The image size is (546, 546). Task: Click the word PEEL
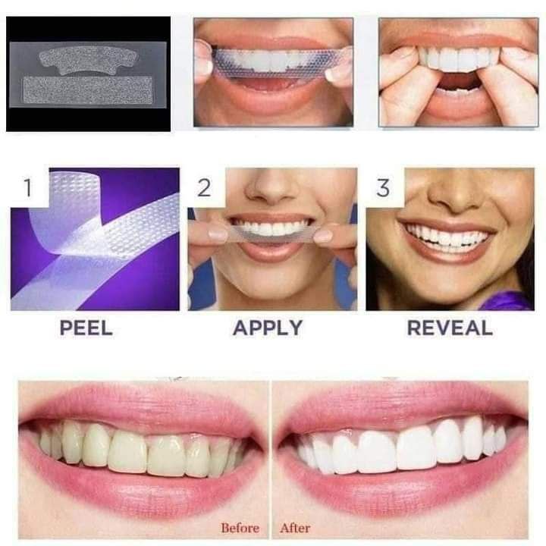click(x=86, y=328)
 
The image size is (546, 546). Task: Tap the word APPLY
click(x=267, y=328)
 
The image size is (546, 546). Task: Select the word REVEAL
click(x=450, y=328)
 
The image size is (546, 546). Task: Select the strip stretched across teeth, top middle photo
click(x=273, y=61)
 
